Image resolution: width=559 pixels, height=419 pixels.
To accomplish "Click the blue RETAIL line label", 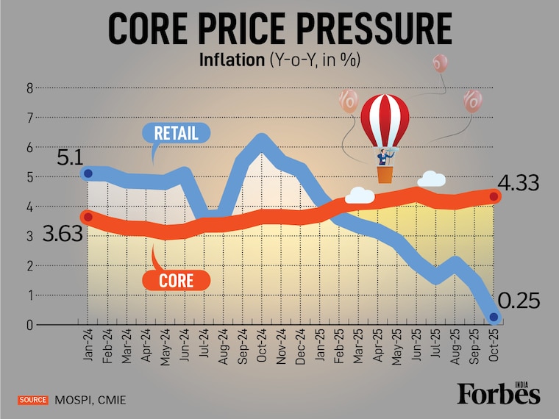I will (x=176, y=133).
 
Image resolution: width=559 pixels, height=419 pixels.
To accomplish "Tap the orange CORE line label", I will (x=175, y=280).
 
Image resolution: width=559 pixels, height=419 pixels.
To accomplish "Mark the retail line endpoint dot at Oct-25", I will (x=493, y=317).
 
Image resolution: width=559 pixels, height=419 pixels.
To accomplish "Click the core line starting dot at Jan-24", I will (x=88, y=217).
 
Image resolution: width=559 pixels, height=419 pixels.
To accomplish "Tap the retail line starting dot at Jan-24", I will (x=88, y=173).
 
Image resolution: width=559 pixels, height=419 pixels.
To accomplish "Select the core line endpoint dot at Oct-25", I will (x=494, y=196).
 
